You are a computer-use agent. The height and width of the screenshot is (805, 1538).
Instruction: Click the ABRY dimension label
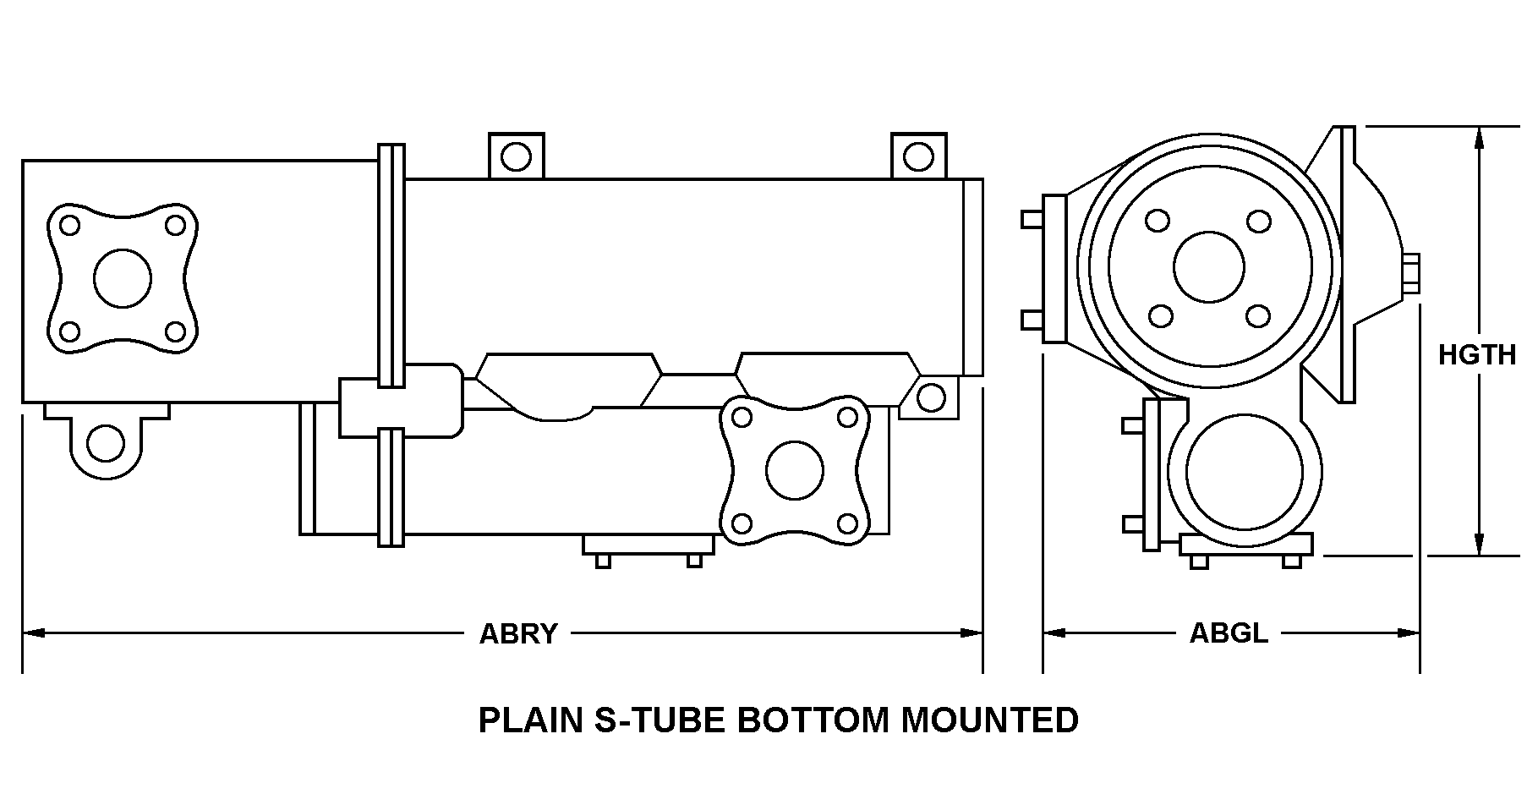[x=518, y=633]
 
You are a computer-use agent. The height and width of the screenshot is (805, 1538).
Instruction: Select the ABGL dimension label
[x=1229, y=632]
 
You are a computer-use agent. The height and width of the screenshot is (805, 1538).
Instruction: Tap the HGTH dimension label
[x=1477, y=355]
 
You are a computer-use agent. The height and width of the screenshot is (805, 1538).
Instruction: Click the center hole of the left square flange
[x=123, y=278]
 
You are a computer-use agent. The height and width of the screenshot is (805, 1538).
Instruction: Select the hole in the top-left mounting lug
[x=516, y=156]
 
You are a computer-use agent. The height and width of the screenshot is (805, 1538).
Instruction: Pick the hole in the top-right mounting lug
[x=918, y=156]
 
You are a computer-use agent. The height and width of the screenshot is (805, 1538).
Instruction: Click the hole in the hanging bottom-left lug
[x=106, y=443]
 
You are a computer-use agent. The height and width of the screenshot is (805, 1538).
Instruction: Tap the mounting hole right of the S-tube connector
[x=931, y=397]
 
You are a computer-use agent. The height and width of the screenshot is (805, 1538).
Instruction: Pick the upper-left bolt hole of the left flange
[x=70, y=226]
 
